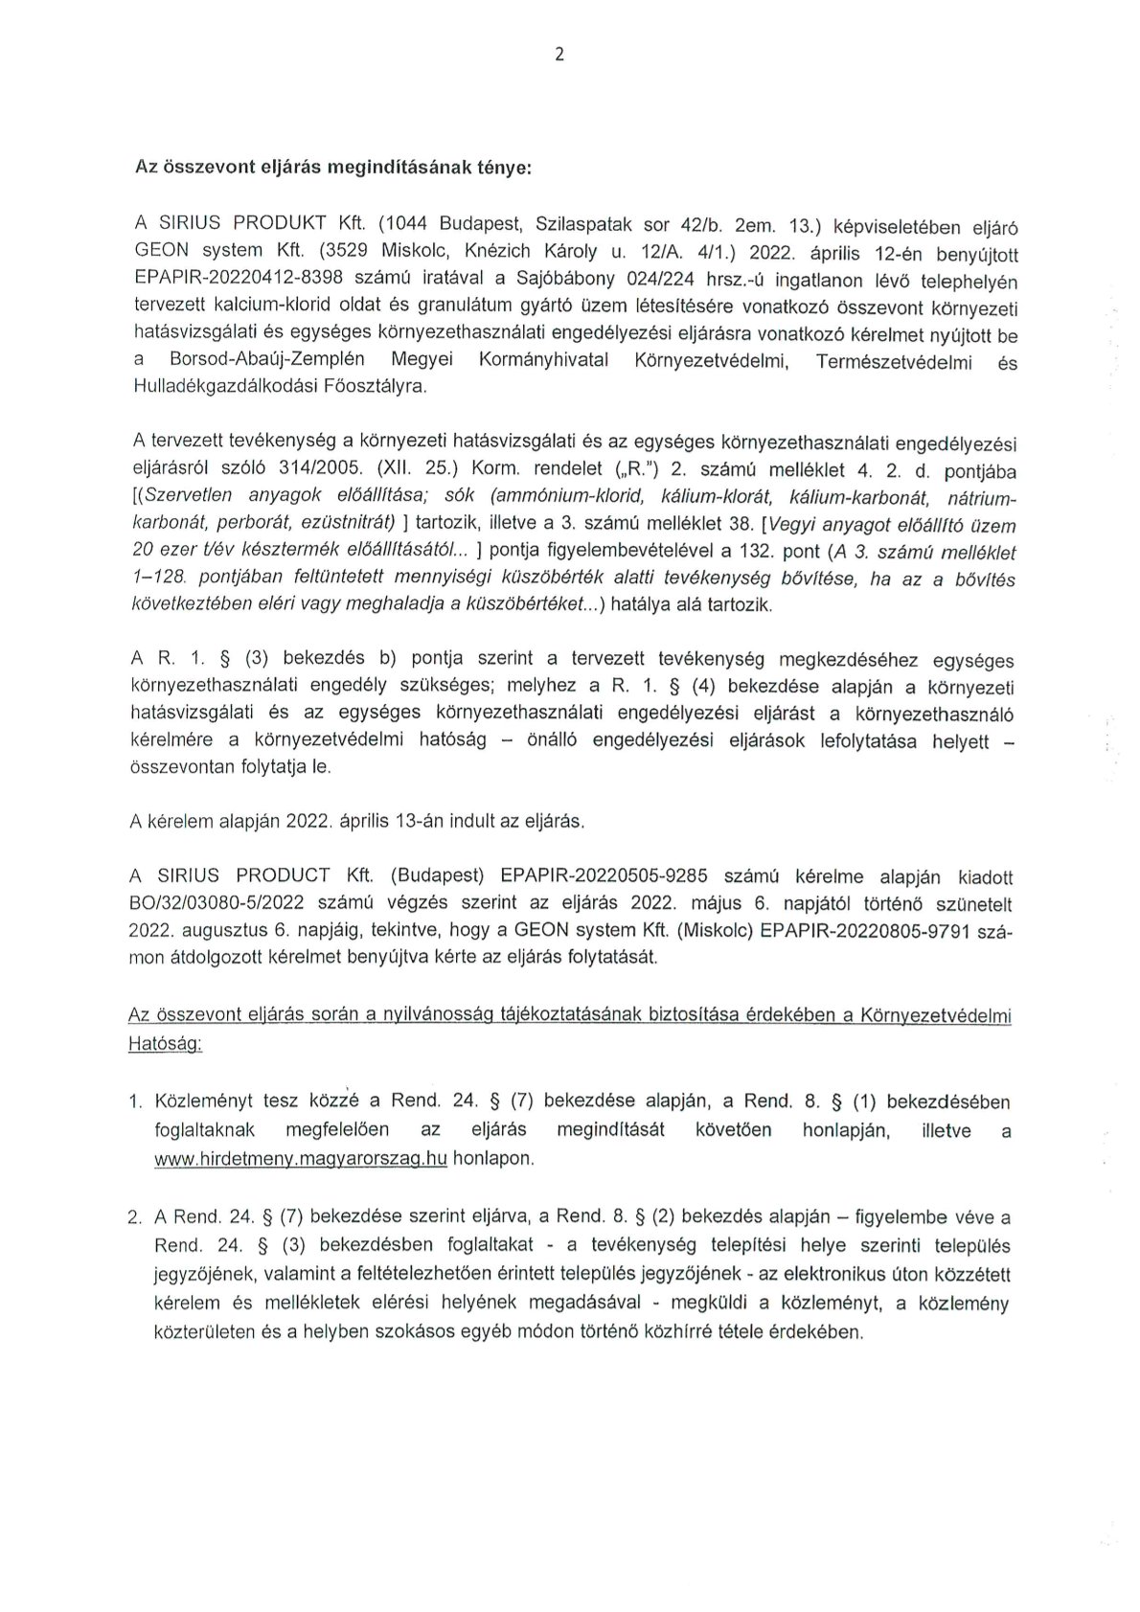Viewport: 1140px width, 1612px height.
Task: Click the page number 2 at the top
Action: [x=559, y=55]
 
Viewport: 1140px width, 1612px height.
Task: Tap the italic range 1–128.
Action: [x=158, y=580]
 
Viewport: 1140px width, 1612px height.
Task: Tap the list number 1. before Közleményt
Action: [x=135, y=1103]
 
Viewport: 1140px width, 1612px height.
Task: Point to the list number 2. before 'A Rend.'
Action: [x=135, y=1219]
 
